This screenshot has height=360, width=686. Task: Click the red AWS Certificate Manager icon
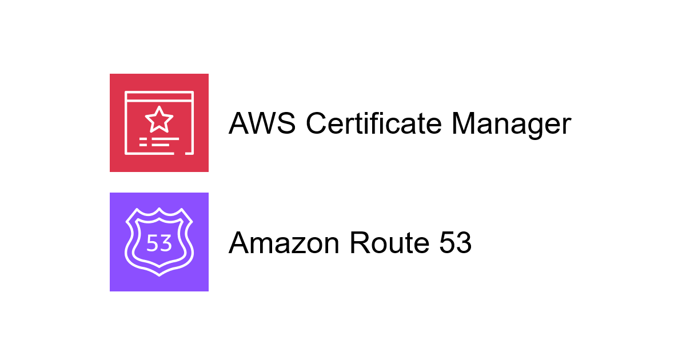(x=159, y=123)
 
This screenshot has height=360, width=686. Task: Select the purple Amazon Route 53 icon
(x=159, y=242)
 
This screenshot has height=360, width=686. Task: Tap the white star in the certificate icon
(x=159, y=119)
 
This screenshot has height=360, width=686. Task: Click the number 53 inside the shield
(x=159, y=243)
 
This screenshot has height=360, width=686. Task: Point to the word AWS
(x=262, y=123)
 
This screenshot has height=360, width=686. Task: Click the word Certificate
(x=374, y=123)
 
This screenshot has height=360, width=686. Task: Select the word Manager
(x=512, y=126)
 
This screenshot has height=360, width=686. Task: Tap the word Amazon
(x=284, y=243)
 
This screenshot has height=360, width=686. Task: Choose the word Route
(x=389, y=243)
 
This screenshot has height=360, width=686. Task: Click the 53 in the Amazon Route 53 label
(x=456, y=243)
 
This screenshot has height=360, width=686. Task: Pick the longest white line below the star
(x=165, y=139)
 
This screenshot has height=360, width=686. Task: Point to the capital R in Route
(x=361, y=242)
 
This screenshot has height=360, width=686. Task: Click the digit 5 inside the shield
(x=153, y=243)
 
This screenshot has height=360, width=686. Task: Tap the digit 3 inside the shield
(x=166, y=243)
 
